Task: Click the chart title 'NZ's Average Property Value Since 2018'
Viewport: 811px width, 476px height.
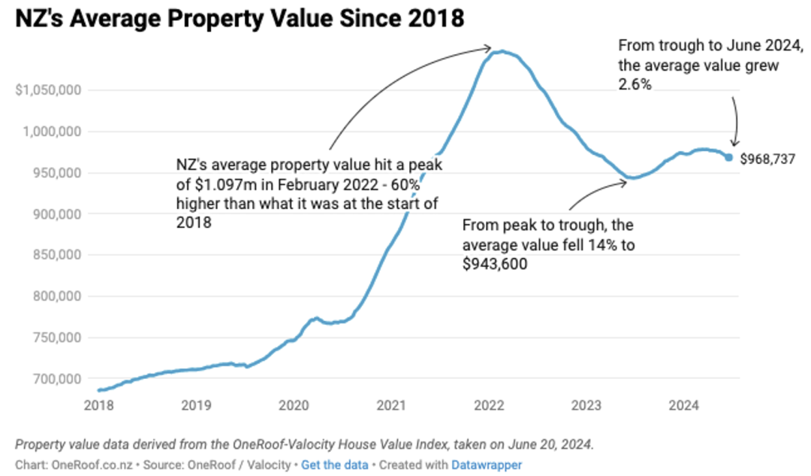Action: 240,19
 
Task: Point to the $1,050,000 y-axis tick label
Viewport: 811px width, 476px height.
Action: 48,90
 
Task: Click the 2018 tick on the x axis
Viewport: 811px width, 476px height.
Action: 99,405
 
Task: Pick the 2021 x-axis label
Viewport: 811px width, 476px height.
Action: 391,405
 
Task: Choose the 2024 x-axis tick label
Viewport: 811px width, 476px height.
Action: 684,405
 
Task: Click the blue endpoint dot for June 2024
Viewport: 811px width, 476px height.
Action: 728,157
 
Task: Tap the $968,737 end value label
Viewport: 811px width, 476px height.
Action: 767,159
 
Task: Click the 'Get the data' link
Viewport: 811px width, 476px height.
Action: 335,465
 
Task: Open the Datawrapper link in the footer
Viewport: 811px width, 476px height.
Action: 487,465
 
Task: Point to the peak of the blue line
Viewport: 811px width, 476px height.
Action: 501,51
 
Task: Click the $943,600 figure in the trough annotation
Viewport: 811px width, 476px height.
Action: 495,264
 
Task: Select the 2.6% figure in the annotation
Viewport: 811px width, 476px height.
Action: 635,84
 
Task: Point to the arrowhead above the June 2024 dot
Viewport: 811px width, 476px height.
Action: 734,142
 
